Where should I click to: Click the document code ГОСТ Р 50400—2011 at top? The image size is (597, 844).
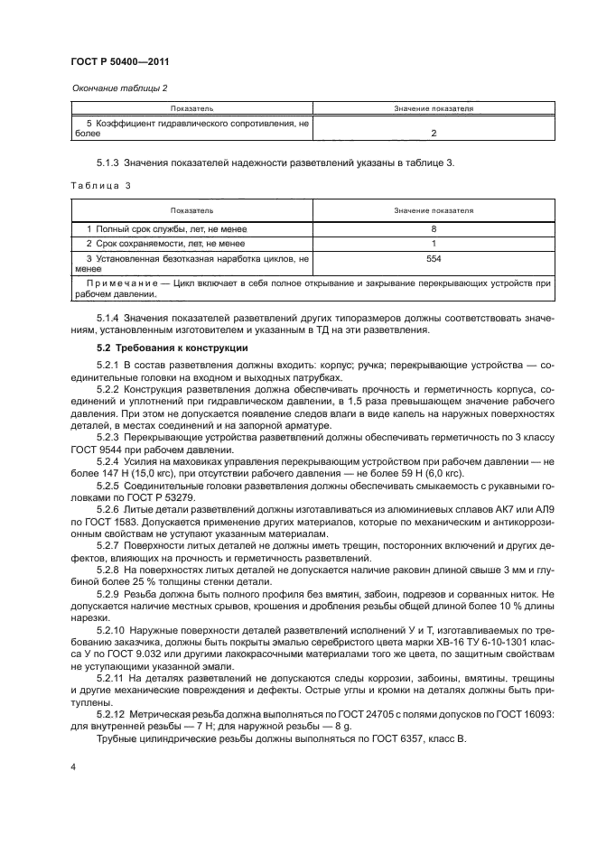(119, 61)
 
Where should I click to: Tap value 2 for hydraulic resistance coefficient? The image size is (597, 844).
(434, 133)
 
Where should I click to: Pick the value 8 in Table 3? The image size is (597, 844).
(434, 229)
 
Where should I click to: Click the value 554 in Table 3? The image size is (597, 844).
(434, 258)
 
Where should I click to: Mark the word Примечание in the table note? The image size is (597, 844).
(113, 283)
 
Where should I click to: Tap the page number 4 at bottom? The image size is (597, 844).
(73, 765)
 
